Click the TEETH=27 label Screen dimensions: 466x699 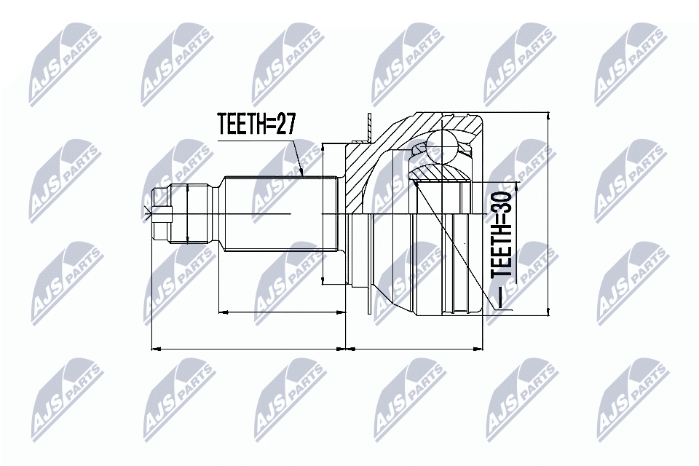[256, 125]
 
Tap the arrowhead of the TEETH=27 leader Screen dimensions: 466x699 [301, 175]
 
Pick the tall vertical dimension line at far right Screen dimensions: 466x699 [547, 215]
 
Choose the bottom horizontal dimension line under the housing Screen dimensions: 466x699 [415, 348]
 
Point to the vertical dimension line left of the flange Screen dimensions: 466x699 [323, 215]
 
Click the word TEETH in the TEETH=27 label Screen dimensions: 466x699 [240, 125]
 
